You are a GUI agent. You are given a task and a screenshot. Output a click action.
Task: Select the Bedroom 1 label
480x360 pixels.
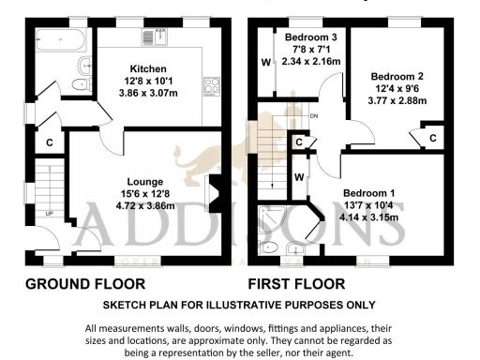[373, 193]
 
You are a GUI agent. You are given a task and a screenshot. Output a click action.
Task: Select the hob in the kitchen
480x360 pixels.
[211, 86]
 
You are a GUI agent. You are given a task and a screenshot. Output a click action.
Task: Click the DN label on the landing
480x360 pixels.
[314, 115]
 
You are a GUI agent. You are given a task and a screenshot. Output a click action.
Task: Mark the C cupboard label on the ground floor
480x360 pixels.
[50, 143]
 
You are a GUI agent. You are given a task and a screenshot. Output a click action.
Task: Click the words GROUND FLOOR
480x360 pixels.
[85, 282]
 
